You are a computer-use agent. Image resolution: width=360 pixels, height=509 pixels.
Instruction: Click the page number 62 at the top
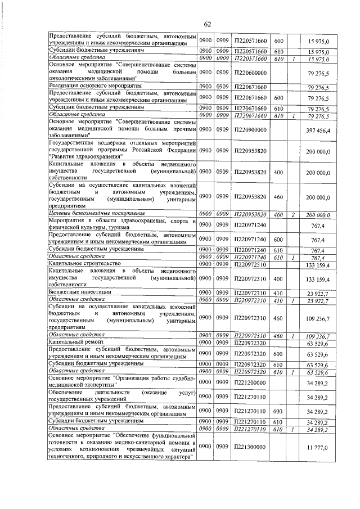(207, 23)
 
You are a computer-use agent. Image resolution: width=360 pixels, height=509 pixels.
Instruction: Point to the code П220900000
(250, 130)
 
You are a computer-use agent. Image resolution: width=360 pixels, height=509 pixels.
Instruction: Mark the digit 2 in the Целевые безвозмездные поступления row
(294, 214)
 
